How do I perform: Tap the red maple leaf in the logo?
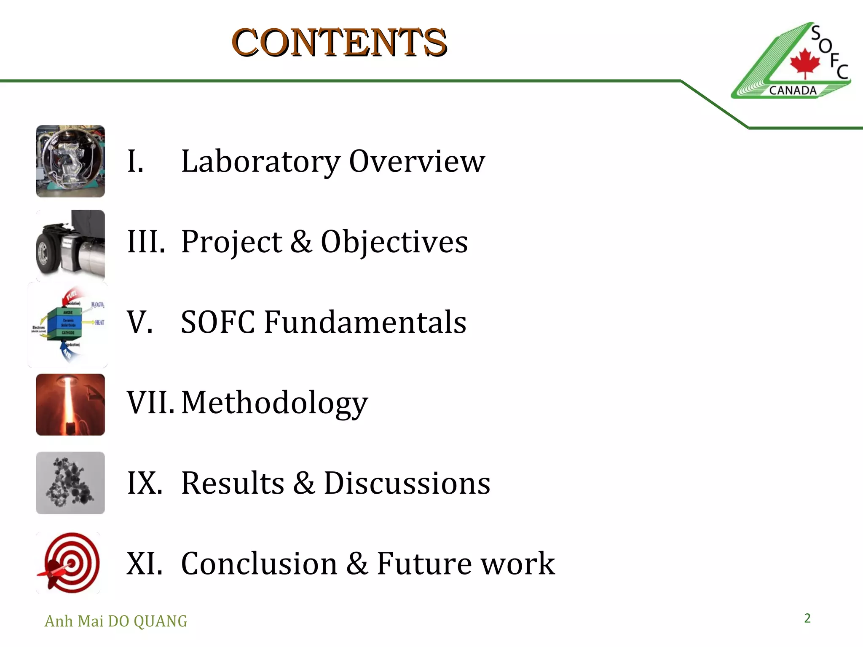click(x=805, y=63)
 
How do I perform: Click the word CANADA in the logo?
click(x=793, y=91)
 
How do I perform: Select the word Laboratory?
click(x=260, y=161)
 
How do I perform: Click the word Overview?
click(x=417, y=161)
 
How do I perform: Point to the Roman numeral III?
click(x=146, y=242)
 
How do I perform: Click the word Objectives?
click(x=394, y=242)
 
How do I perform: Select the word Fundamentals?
click(x=365, y=322)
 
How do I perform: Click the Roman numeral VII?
click(x=150, y=403)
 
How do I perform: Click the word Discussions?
click(x=407, y=483)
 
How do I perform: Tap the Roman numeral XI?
click(x=145, y=564)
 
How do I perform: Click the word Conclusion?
click(x=259, y=564)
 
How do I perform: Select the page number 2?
click(x=807, y=618)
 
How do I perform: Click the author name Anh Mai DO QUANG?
click(x=116, y=621)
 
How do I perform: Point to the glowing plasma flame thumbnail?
click(x=70, y=404)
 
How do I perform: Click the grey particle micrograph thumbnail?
click(x=70, y=483)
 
